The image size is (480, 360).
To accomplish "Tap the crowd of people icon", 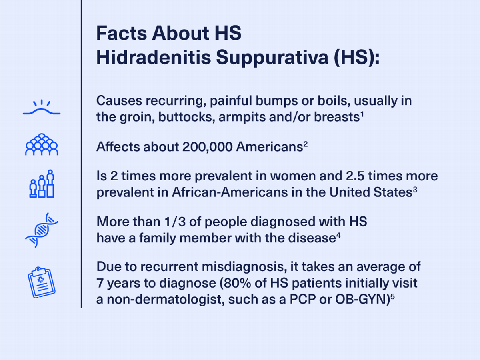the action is (x=42, y=144).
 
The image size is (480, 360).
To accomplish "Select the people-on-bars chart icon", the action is (x=42, y=184).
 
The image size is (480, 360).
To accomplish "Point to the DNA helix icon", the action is (x=42, y=230).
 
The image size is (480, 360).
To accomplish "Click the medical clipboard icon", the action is (x=42, y=282).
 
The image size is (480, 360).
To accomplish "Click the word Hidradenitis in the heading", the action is (x=154, y=57).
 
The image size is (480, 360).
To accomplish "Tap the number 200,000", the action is (x=207, y=147).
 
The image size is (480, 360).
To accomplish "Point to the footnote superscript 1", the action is (x=362, y=114).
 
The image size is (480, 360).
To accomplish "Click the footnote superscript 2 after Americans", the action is (x=305, y=144).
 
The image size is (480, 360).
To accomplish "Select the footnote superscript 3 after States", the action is (x=415, y=190).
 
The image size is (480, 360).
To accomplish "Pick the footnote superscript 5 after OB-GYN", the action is (x=392, y=297).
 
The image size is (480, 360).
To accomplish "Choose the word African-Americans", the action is (x=230, y=192).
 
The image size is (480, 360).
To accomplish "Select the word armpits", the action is (x=242, y=117).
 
